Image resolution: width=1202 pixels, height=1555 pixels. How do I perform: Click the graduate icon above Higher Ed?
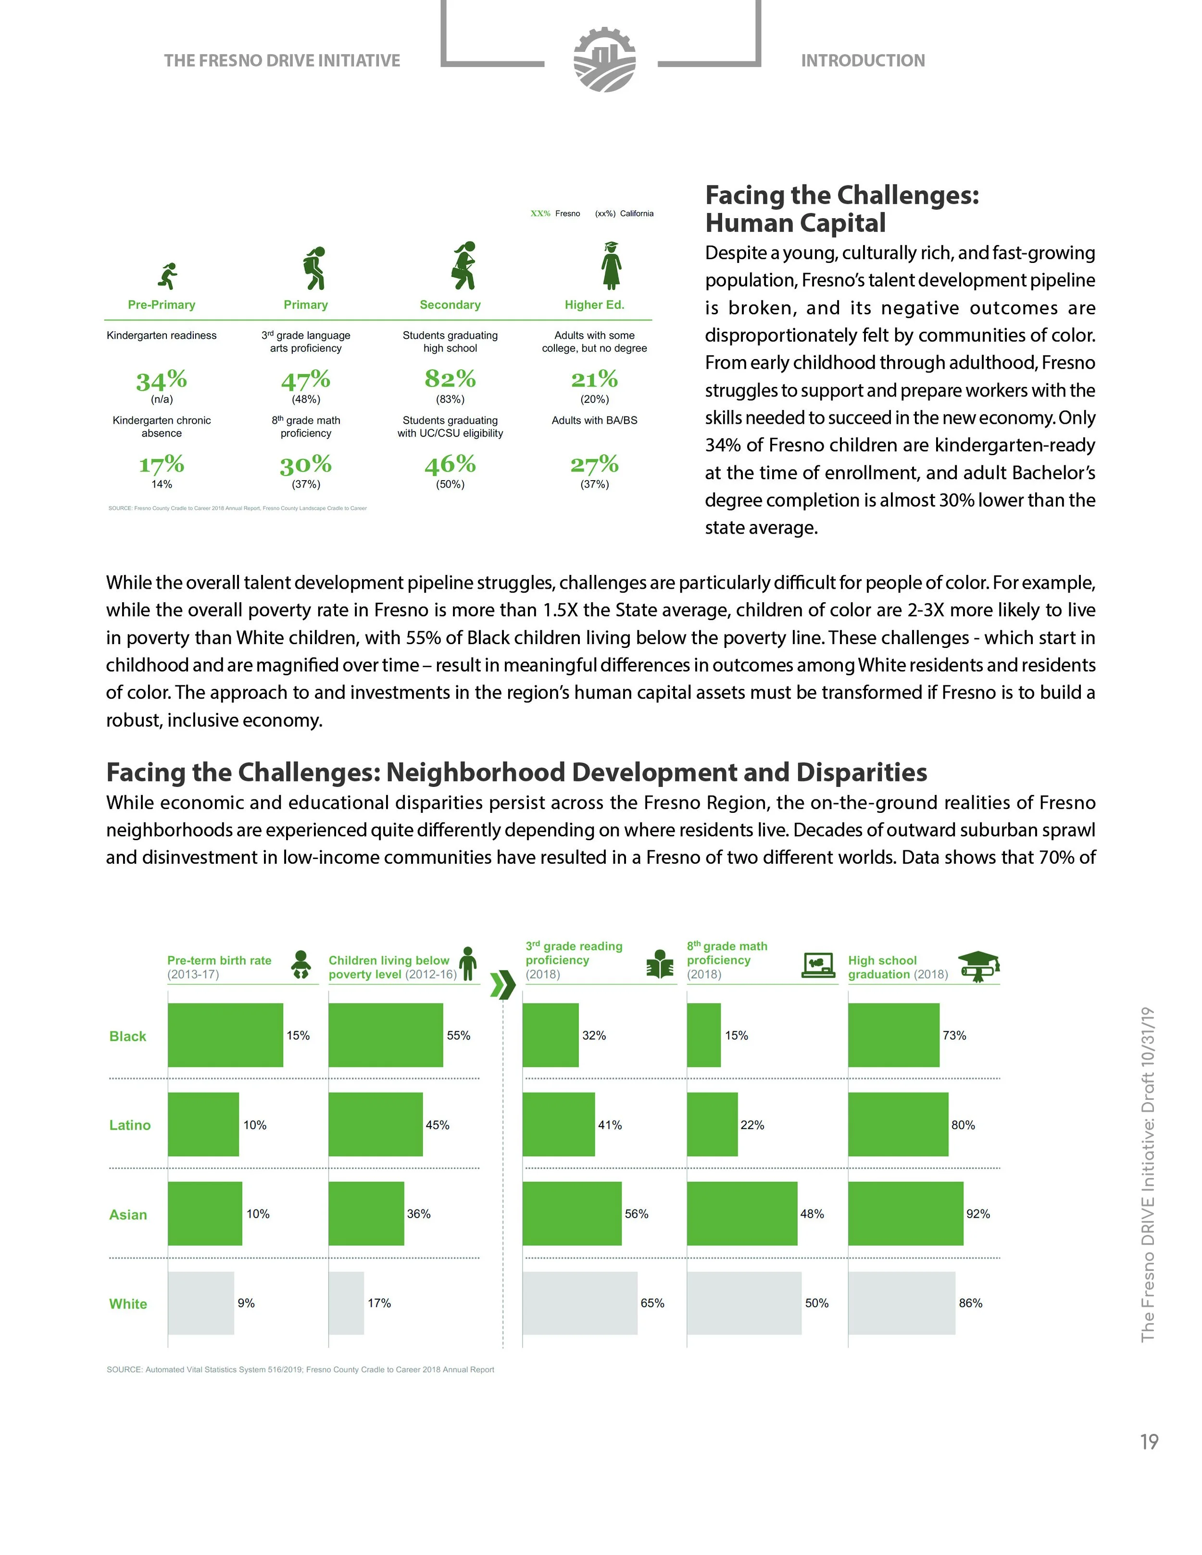[610, 265]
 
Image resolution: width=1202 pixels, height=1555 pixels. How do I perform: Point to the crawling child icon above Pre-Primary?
[168, 275]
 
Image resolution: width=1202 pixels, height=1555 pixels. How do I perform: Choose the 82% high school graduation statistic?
[450, 378]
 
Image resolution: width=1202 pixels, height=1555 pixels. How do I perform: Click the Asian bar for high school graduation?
[905, 1213]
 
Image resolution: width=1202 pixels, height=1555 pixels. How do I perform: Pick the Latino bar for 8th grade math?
[712, 1124]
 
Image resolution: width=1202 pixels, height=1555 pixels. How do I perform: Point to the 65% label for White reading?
[652, 1303]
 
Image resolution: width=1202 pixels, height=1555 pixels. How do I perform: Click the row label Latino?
[130, 1125]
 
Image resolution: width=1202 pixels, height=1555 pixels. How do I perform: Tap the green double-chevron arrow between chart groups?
[503, 985]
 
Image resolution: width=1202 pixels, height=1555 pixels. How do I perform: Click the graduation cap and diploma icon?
[979, 966]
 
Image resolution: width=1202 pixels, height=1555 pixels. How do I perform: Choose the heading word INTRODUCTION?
[863, 61]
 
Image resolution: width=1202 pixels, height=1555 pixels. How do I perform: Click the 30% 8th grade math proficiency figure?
[305, 465]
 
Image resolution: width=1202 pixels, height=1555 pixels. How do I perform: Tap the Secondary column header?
[450, 305]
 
